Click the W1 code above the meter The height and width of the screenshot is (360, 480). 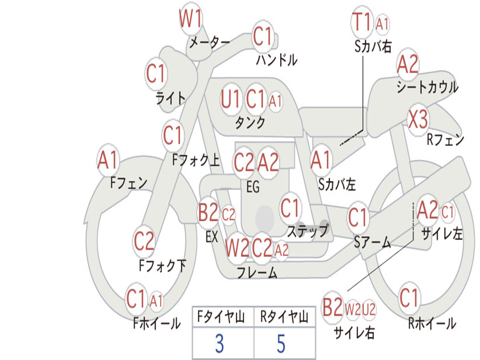[190, 18]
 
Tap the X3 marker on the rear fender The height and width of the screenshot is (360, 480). [418, 120]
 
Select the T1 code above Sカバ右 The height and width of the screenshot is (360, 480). [362, 22]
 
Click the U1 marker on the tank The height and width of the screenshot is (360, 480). [230, 99]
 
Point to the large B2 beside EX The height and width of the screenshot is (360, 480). [208, 212]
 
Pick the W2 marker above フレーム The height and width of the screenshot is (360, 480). [237, 248]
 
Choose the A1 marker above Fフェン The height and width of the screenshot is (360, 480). [108, 160]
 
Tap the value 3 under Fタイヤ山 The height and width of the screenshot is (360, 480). [219, 344]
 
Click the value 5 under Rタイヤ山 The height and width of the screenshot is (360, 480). [281, 344]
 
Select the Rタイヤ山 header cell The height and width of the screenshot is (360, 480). [285, 317]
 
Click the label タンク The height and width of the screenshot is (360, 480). [250, 122]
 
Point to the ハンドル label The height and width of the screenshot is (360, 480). [277, 60]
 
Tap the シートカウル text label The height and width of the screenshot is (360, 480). [427, 87]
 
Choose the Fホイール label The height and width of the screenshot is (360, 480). [157, 323]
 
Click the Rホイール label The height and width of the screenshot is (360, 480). [432, 323]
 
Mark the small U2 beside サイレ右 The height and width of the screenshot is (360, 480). [369, 309]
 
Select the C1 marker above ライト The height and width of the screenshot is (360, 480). [156, 74]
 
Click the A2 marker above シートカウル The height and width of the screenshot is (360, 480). [407, 64]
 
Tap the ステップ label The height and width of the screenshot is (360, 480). [307, 231]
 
